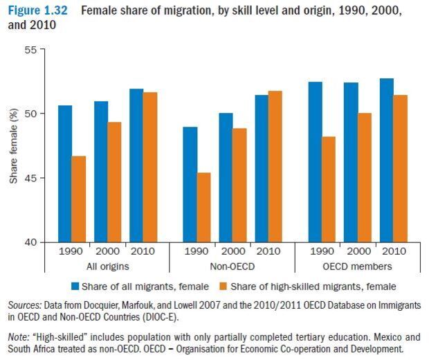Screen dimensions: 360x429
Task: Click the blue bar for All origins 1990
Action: [x=65, y=174]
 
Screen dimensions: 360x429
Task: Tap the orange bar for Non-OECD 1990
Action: [x=204, y=207]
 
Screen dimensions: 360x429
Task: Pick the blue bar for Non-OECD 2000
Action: [x=226, y=177]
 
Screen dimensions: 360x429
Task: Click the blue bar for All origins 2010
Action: [x=136, y=165]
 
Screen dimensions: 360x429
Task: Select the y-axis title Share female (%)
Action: [x=13, y=146]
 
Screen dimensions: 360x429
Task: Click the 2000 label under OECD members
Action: [x=358, y=251]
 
